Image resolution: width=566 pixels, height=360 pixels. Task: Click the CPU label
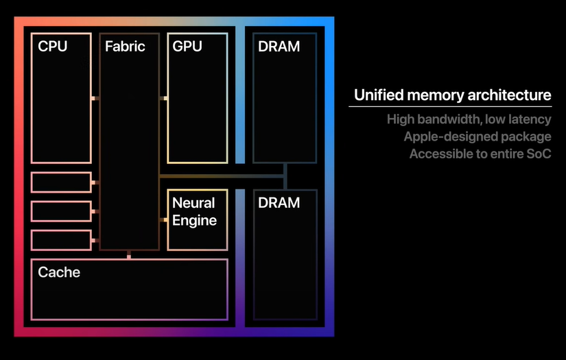[53, 47]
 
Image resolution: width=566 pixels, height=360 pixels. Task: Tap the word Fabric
[125, 47]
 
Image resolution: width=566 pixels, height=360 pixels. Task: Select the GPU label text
[187, 47]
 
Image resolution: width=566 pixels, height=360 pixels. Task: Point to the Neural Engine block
[198, 219]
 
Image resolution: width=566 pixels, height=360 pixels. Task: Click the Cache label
[59, 272]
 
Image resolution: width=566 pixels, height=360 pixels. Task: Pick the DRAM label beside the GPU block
[279, 47]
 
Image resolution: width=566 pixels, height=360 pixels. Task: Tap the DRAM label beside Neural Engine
[279, 203]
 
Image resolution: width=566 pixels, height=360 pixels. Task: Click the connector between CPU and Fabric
[95, 99]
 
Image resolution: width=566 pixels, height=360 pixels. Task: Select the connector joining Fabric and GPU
[163, 99]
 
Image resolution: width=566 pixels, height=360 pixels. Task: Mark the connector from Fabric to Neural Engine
[163, 219]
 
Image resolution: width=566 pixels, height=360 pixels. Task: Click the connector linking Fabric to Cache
[129, 255]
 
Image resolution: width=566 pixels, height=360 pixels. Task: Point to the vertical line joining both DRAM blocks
[285, 177]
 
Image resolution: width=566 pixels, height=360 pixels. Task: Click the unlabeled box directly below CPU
[61, 182]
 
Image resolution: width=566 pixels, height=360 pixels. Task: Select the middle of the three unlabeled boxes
[61, 211]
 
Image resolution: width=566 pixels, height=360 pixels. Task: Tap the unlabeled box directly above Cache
[61, 241]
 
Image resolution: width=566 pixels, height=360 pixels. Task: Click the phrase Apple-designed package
[477, 136]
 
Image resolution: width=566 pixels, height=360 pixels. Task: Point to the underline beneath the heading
[450, 106]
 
